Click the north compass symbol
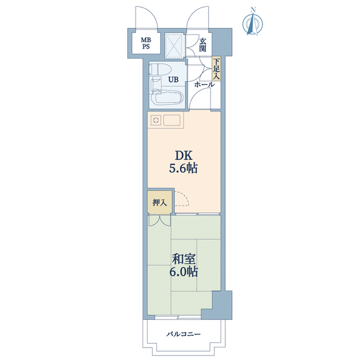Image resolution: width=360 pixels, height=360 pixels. coord(252,22)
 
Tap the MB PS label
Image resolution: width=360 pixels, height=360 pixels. coord(146,43)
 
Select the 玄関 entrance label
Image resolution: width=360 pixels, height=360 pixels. coord(202,45)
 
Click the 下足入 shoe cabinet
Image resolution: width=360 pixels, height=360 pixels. coord(216,69)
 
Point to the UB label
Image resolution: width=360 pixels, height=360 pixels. coord(173,79)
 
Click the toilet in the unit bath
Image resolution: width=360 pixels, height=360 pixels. coord(159,69)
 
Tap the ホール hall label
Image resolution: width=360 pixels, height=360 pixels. coord(204,85)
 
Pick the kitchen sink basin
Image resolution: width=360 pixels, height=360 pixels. coord(171,120)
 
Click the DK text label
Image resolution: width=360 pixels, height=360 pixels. coord(184,156)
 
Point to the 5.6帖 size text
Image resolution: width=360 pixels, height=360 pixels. coord(184,169)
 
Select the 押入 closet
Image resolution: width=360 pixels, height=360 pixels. coord(160,202)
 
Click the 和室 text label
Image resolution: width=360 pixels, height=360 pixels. coord(184,259)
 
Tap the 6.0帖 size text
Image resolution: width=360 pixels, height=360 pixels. coord(184,272)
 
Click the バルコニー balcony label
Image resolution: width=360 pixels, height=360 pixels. coord(184,334)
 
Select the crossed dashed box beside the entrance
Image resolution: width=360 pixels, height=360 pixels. coord(174,46)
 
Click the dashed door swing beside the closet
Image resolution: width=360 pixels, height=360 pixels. coord(182,198)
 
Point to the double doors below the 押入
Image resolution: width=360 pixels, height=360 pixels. coord(159,220)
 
